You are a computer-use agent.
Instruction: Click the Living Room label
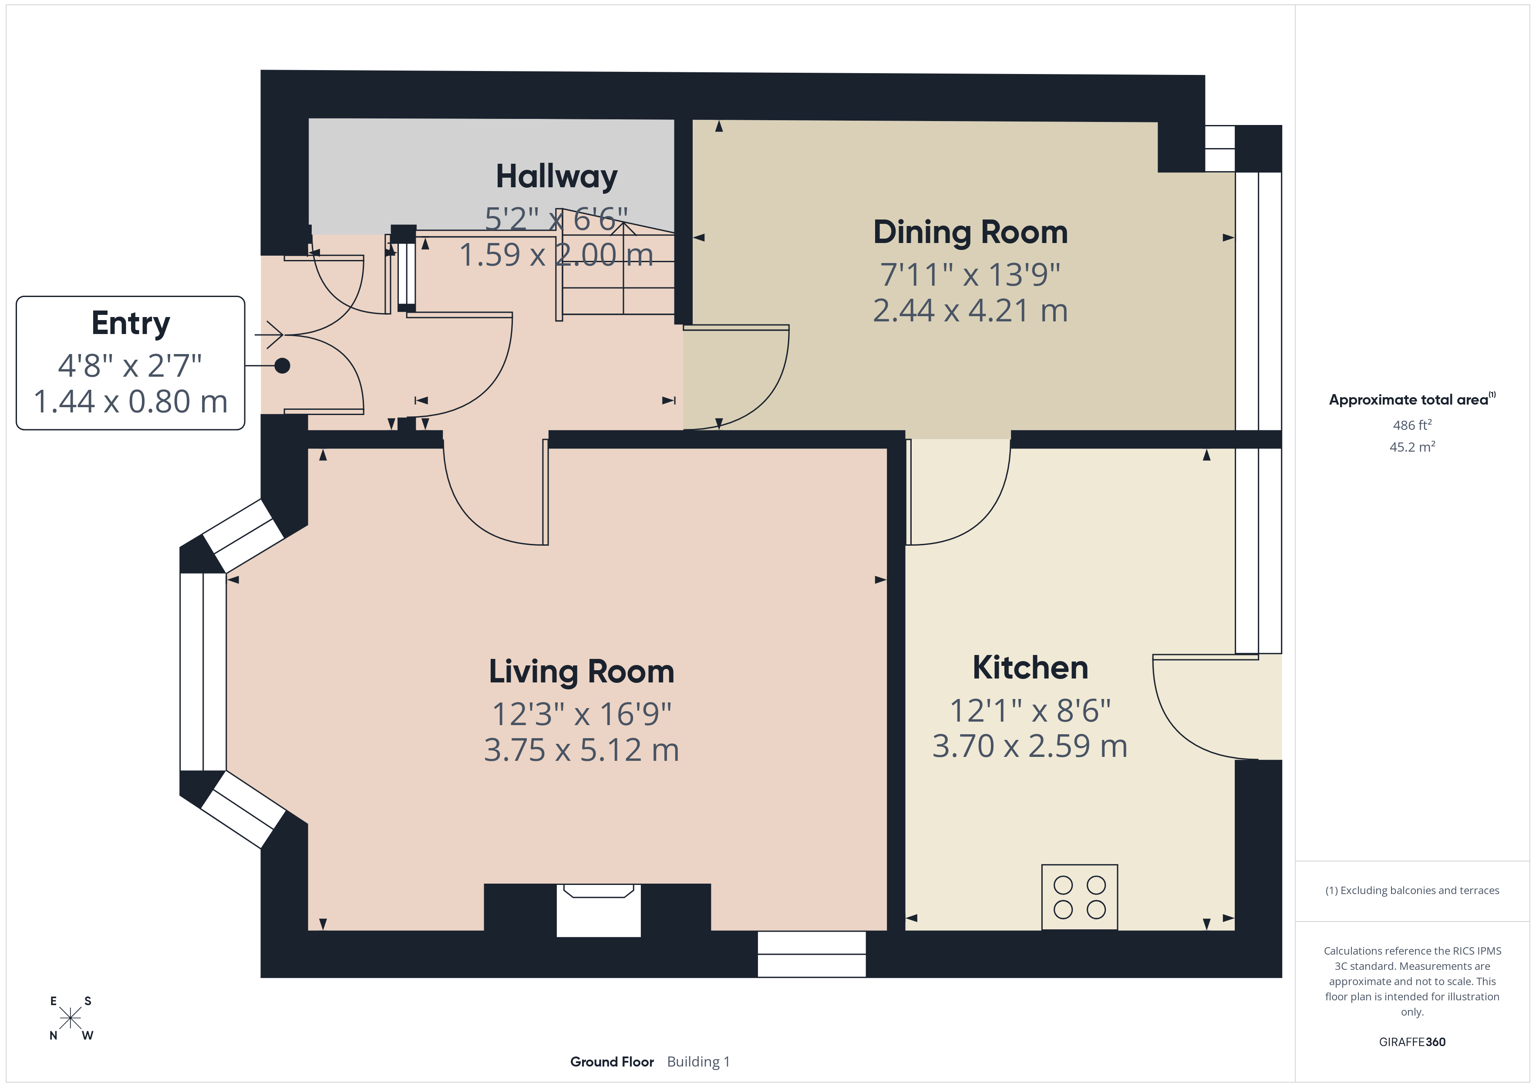click(581, 672)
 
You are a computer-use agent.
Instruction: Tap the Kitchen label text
click(1030, 667)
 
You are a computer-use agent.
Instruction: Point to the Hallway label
click(556, 177)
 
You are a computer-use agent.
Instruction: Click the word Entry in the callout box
click(131, 323)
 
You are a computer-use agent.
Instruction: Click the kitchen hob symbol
click(1080, 897)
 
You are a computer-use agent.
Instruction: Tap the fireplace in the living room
click(599, 910)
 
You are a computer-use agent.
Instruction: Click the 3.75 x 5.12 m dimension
click(581, 749)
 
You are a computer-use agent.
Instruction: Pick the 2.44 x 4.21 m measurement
click(970, 311)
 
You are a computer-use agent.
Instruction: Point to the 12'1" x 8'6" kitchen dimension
click(1030, 710)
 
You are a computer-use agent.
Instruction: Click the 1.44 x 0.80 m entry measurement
click(131, 402)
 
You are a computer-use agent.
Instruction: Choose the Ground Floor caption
click(611, 1062)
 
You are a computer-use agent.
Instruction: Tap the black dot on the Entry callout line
click(282, 365)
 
